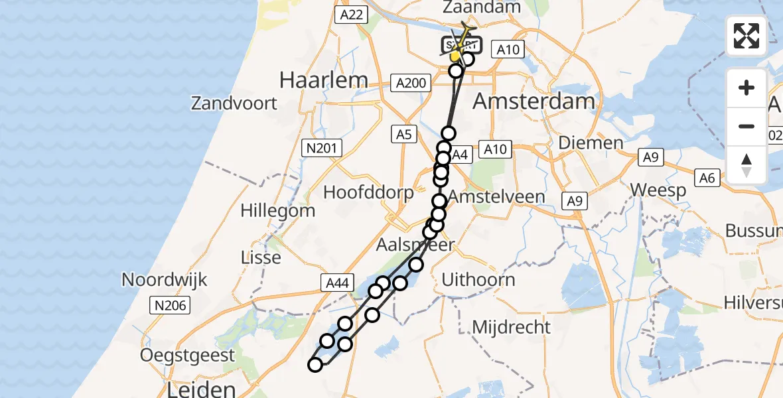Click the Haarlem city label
323,80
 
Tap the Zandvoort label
234,103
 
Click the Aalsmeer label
415,245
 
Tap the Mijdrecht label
512,326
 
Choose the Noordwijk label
165,279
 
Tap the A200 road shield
411,83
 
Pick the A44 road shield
335,283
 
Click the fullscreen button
747,35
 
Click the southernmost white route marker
315,364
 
